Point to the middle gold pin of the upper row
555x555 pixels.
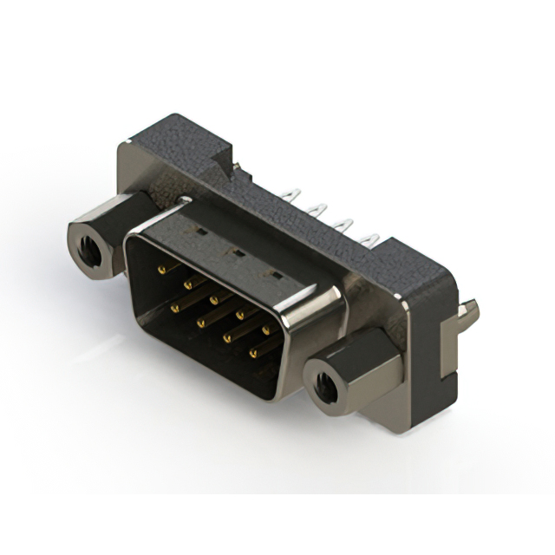click(x=213, y=300)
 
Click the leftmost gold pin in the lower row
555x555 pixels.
click(x=175, y=305)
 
